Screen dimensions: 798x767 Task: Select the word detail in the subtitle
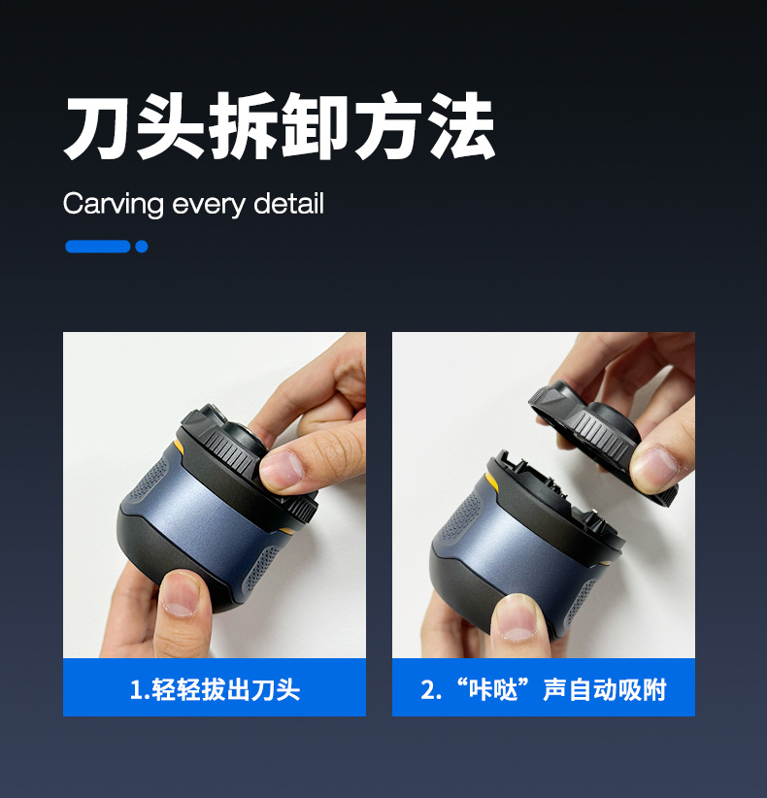click(x=288, y=204)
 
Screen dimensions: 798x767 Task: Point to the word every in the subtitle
click(x=209, y=205)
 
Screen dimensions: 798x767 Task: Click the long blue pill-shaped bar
click(x=97, y=247)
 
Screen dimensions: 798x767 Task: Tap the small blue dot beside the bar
click(x=142, y=247)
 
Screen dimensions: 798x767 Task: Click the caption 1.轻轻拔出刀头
click(x=215, y=690)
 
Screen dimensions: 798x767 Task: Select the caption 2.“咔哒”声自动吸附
click(x=543, y=690)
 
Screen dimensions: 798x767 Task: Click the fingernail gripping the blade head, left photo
click(x=283, y=469)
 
